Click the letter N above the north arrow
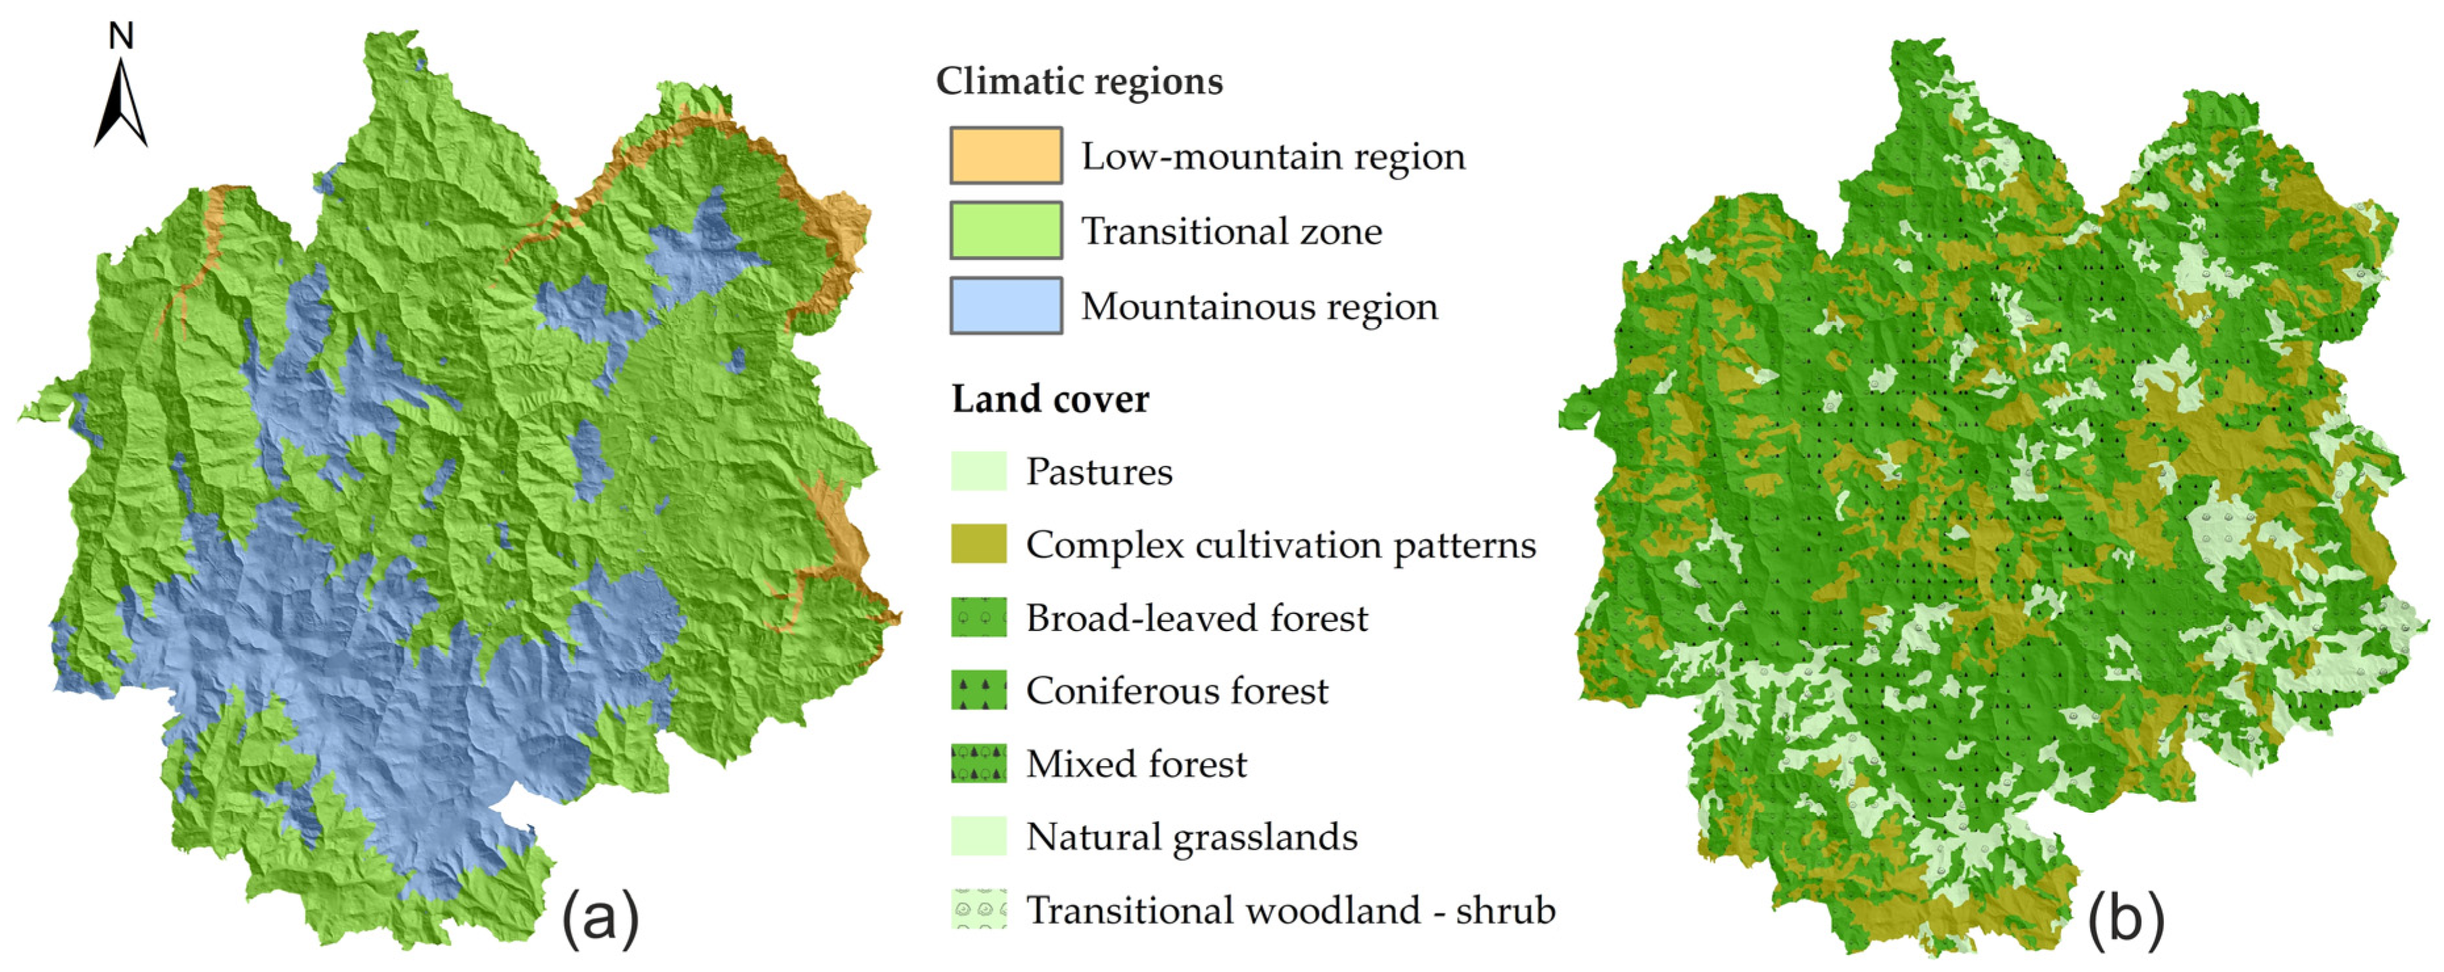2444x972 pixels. (x=120, y=36)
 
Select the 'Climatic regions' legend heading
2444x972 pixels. (x=1079, y=81)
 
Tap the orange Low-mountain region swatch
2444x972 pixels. (x=1006, y=155)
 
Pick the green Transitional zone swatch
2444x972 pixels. (x=1006, y=230)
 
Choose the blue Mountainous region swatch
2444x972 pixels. (x=1006, y=305)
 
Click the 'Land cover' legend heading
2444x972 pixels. (x=1050, y=399)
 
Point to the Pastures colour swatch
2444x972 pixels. (x=978, y=471)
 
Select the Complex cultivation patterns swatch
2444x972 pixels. (x=978, y=544)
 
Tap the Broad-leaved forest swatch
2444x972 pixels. (x=978, y=617)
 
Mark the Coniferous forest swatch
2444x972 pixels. (x=978, y=690)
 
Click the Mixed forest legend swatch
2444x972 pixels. (x=978, y=763)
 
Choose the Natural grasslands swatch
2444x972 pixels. (x=978, y=836)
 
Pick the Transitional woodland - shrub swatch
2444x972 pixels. (x=978, y=909)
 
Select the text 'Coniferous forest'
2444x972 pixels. (x=1176, y=690)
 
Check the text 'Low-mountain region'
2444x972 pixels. (x=1273, y=156)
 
